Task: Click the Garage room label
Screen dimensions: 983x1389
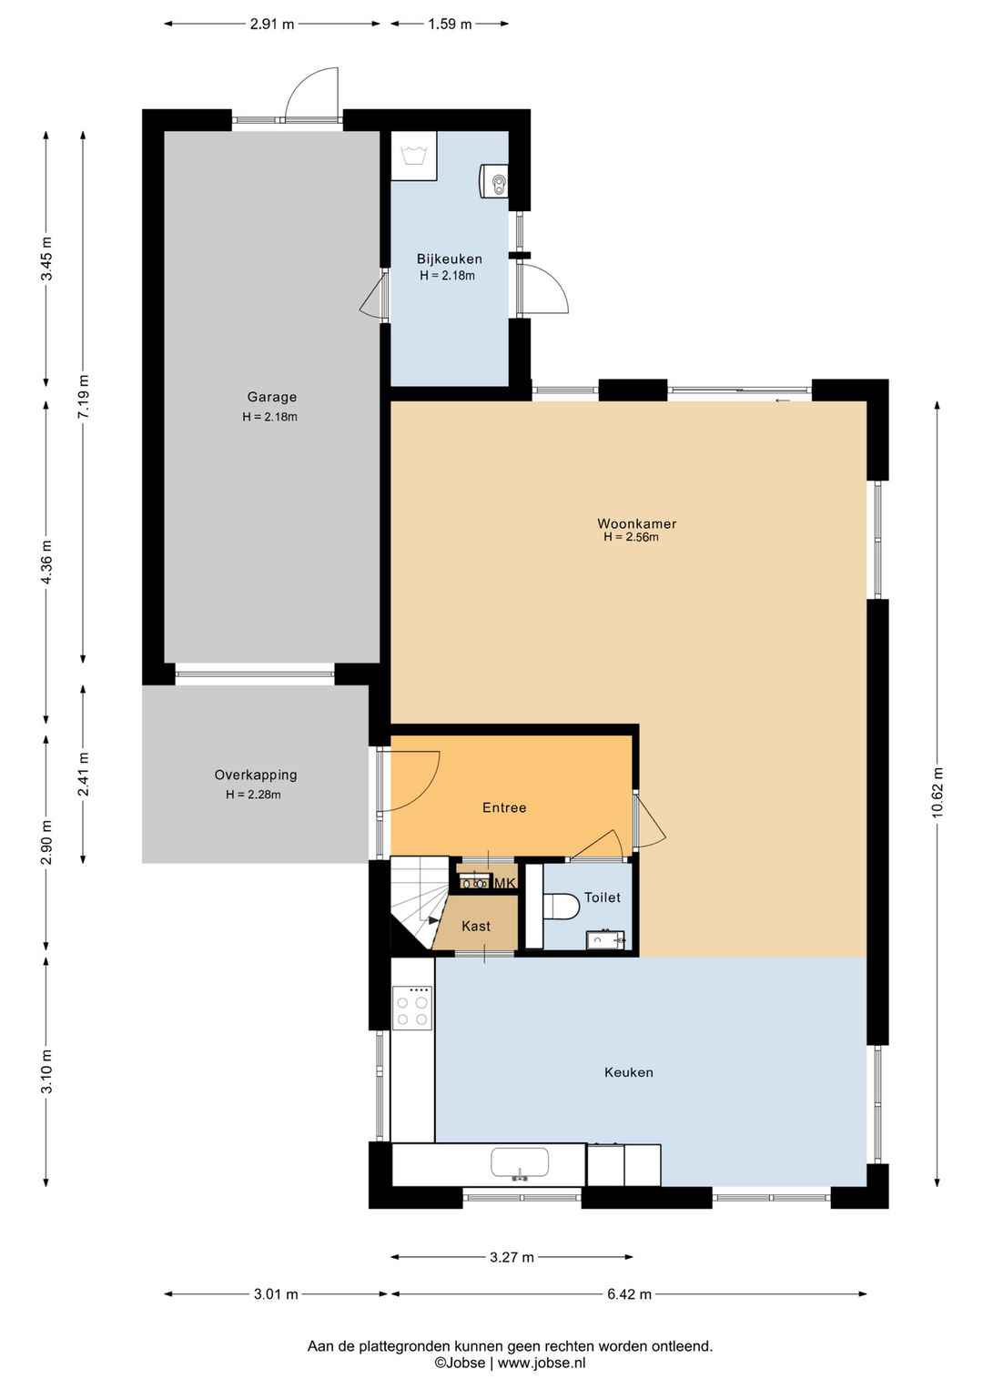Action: point(271,397)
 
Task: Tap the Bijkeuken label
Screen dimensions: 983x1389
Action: point(449,259)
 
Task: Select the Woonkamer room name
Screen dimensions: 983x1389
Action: point(636,523)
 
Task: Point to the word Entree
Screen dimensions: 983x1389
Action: point(504,807)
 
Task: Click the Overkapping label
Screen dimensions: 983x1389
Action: point(256,775)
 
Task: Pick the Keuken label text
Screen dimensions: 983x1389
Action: point(629,1072)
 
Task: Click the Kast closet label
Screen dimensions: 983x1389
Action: point(476,926)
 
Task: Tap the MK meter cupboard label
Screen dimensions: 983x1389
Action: point(505,883)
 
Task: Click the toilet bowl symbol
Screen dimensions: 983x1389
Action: point(561,906)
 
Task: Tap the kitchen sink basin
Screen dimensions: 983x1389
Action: point(520,1162)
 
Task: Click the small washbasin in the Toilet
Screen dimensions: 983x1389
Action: point(604,939)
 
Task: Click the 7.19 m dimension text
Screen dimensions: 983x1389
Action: point(84,396)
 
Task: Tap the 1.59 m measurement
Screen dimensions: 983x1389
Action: point(450,25)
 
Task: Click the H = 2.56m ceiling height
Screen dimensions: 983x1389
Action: point(632,537)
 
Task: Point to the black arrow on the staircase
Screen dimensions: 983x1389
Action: point(434,920)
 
